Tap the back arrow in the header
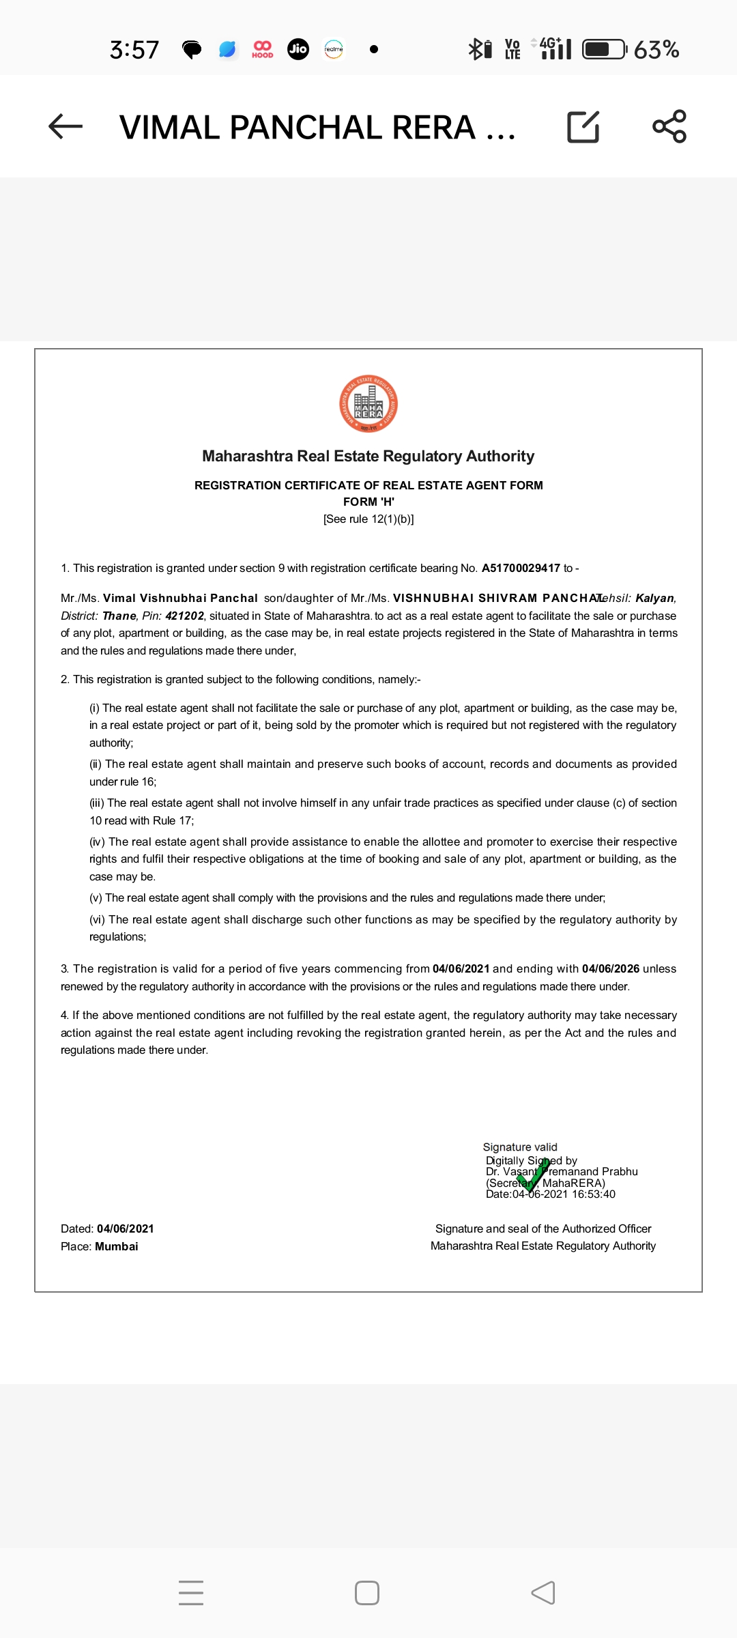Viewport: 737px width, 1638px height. coord(66,127)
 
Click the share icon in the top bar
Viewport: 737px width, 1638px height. coord(669,127)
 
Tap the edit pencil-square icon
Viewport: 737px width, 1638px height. coord(583,127)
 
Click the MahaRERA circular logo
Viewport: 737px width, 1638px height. coord(369,403)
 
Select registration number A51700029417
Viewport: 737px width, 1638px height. coord(521,568)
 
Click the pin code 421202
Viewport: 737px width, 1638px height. coord(184,616)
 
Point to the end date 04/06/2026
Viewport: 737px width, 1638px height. coord(610,968)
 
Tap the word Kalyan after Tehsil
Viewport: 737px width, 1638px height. coord(654,598)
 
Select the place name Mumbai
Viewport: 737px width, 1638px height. coord(117,1246)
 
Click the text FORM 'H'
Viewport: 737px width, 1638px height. coord(369,502)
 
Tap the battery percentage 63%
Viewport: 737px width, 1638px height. coord(656,50)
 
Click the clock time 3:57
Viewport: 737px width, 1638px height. coord(134,50)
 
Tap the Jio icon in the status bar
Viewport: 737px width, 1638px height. coord(298,49)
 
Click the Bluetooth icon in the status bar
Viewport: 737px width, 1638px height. coord(475,49)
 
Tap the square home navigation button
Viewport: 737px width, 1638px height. coord(367,1593)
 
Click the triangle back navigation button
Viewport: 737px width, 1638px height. coord(543,1593)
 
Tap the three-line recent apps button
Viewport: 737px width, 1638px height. coord(191,1593)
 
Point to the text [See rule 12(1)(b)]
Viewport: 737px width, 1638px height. coord(369,519)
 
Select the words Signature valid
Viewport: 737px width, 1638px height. coord(520,1147)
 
